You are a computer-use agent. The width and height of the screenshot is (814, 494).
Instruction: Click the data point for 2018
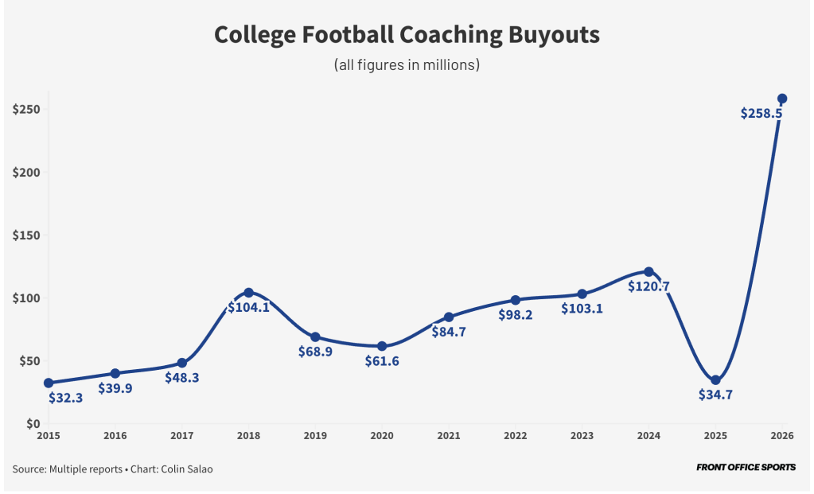pyautogui.click(x=248, y=293)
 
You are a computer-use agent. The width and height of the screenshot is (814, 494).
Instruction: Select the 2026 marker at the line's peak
pyautogui.click(x=782, y=99)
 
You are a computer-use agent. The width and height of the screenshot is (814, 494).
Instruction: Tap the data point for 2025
pyautogui.click(x=715, y=380)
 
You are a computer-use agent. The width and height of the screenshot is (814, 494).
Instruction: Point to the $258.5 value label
pyautogui.click(x=761, y=114)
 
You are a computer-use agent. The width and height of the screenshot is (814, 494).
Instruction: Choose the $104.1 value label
pyautogui.click(x=249, y=307)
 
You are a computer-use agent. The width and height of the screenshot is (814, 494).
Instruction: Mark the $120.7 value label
pyautogui.click(x=648, y=286)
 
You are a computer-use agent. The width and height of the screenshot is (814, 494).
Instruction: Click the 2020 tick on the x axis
pyautogui.click(x=382, y=435)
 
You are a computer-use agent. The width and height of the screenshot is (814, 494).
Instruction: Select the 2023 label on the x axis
pyautogui.click(x=582, y=435)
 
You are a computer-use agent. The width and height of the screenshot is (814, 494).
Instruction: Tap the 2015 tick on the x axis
pyautogui.click(x=49, y=435)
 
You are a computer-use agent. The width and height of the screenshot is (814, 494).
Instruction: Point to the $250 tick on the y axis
pyautogui.click(x=26, y=110)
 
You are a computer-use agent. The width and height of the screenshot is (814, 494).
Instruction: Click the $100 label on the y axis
pyautogui.click(x=26, y=298)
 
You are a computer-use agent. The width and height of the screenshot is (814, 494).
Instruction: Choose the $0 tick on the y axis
pyautogui.click(x=33, y=424)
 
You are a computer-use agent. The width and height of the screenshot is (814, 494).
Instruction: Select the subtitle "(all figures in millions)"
pyautogui.click(x=407, y=64)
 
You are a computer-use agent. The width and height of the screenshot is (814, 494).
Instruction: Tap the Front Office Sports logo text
pyautogui.click(x=746, y=468)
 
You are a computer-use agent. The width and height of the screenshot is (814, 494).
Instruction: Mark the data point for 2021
pyautogui.click(x=449, y=317)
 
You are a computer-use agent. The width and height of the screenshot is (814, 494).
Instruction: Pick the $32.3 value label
pyautogui.click(x=66, y=398)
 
